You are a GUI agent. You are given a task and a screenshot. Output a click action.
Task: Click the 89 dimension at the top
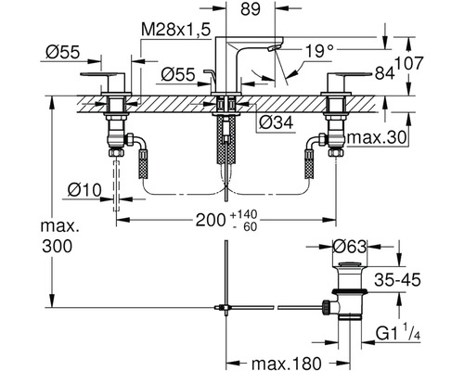point(251,9)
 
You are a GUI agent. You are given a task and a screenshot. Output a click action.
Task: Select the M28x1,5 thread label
point(175,31)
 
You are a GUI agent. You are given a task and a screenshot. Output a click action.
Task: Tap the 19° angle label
point(320,51)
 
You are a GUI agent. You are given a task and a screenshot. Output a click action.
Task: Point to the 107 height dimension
point(408,64)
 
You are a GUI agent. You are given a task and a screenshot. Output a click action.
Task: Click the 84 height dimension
point(385,73)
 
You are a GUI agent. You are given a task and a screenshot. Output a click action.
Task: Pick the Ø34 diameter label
point(276,123)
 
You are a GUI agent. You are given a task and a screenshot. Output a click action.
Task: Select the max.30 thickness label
point(376,137)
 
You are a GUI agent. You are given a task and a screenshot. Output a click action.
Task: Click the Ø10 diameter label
point(84,190)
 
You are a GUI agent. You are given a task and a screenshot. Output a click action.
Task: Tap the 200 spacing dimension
point(211,220)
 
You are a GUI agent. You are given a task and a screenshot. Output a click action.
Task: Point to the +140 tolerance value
point(244,214)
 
